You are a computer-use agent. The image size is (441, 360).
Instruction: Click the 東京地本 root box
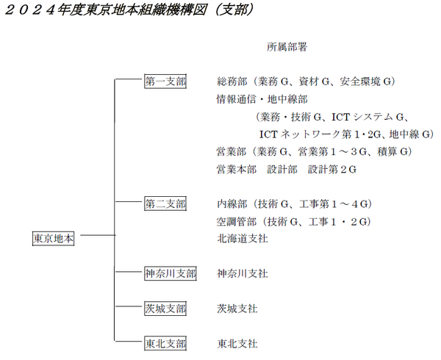[x=53, y=239]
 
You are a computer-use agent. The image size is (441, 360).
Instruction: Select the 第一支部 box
[x=165, y=82]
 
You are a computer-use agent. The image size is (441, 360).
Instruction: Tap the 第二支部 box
[x=165, y=204]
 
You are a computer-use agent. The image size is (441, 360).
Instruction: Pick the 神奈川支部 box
[x=171, y=273]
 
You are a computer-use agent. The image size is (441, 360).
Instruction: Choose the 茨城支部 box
[x=165, y=309]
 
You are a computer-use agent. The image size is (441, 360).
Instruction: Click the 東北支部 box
[x=165, y=343]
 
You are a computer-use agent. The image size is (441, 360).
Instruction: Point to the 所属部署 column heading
[x=287, y=47]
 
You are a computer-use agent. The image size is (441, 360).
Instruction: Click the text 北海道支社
[x=243, y=239]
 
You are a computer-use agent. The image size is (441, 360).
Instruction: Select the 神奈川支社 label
[x=243, y=273]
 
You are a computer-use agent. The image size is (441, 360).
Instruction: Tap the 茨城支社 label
[x=237, y=309]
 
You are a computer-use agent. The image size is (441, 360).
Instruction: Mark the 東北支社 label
[x=237, y=343]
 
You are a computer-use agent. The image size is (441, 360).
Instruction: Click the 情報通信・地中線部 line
[x=262, y=99]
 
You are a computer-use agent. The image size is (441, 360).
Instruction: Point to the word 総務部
[x=232, y=82]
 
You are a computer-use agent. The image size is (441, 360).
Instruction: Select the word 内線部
[x=232, y=204]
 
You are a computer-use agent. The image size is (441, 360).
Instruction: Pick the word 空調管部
[x=237, y=221]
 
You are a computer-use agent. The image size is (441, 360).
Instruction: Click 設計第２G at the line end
[x=332, y=169]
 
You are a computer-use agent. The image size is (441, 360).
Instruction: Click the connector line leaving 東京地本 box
[x=98, y=235]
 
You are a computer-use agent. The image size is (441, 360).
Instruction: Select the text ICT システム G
[x=368, y=117]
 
